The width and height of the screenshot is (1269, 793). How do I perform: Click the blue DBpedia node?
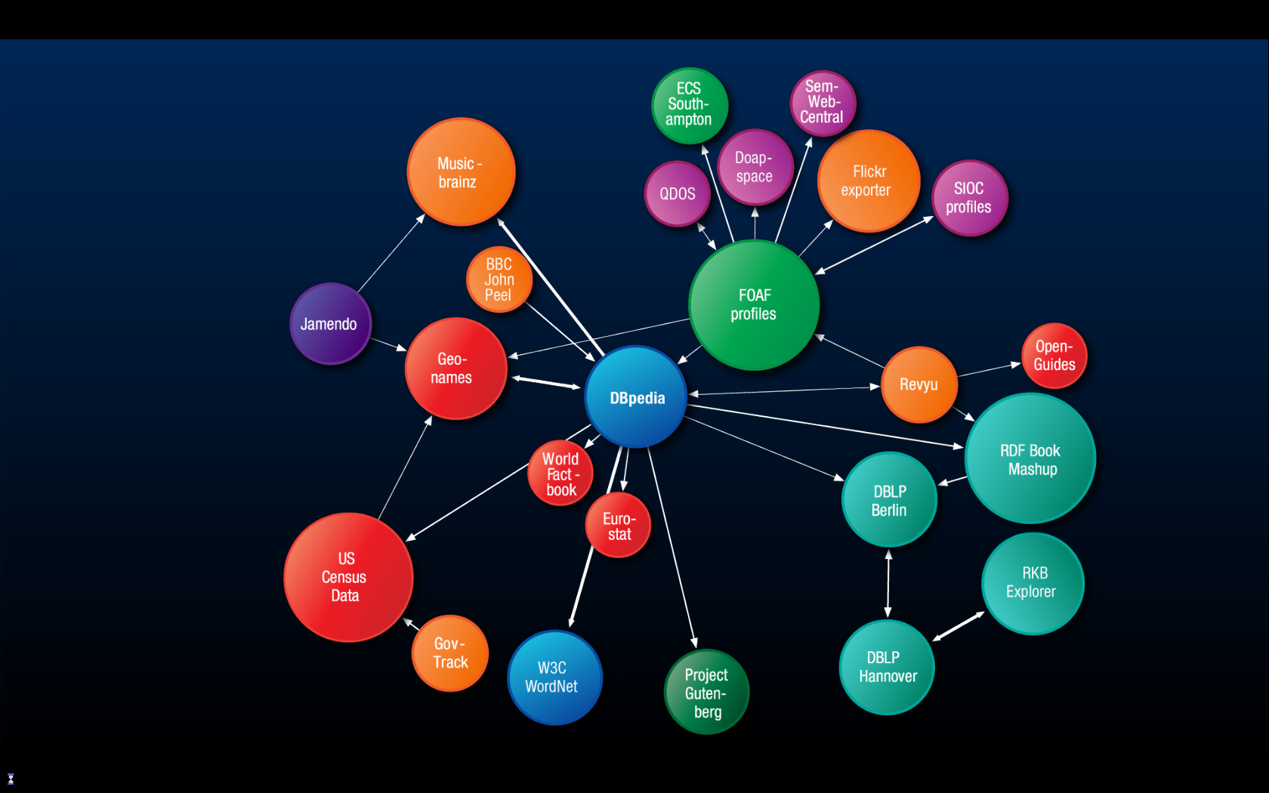click(x=636, y=397)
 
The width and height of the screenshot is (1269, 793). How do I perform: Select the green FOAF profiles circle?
click(x=754, y=305)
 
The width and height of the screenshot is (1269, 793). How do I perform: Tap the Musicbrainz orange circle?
click(x=461, y=172)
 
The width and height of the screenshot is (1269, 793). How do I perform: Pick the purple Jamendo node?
click(x=330, y=324)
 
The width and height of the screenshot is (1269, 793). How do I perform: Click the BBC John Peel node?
click(x=499, y=279)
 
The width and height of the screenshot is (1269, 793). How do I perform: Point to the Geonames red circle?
click(x=455, y=369)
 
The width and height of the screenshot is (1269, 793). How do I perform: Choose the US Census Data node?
click(x=347, y=577)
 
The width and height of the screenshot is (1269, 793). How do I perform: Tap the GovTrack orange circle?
click(x=450, y=653)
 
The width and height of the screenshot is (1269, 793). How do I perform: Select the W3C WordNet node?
click(x=554, y=677)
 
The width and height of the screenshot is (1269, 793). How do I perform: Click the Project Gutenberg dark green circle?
click(x=706, y=692)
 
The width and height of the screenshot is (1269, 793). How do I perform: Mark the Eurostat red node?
click(x=618, y=526)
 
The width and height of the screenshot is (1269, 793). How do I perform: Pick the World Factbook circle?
click(x=560, y=474)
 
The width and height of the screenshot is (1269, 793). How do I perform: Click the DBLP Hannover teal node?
click(x=887, y=667)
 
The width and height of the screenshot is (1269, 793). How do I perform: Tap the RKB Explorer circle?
click(x=1033, y=583)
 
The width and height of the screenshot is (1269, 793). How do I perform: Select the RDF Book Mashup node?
click(x=1030, y=458)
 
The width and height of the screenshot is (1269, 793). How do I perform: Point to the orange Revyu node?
click(x=919, y=384)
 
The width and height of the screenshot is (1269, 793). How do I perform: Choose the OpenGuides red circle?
click(x=1054, y=356)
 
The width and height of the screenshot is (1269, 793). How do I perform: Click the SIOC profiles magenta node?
click(x=969, y=198)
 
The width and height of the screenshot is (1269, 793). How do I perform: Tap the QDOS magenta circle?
click(x=678, y=194)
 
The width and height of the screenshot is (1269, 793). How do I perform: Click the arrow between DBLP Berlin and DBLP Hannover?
click(x=888, y=583)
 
